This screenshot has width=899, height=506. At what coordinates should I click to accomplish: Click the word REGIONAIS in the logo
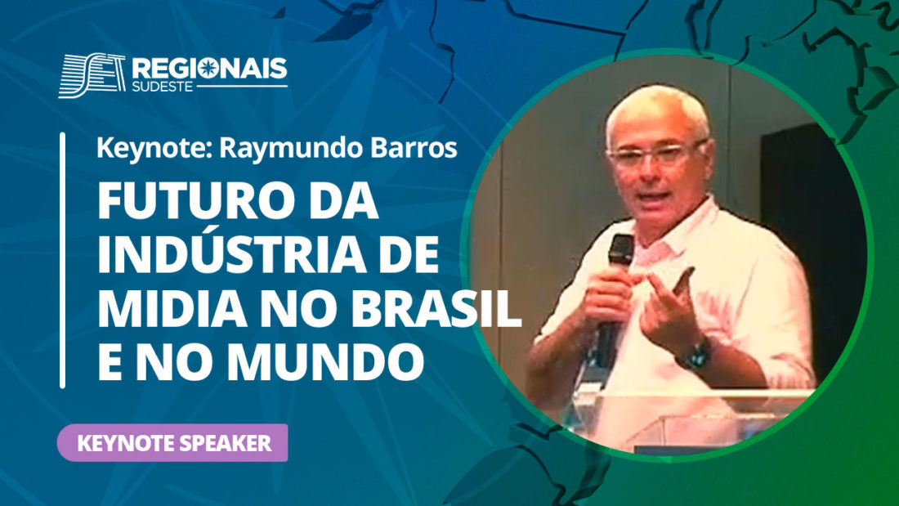[210, 69]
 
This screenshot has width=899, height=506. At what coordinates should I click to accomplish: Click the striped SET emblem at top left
[92, 75]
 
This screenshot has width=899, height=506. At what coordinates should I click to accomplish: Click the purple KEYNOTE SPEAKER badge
[172, 443]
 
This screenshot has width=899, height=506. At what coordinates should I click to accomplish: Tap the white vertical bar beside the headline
[62, 261]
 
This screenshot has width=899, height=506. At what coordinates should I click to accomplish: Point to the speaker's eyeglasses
[656, 153]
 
